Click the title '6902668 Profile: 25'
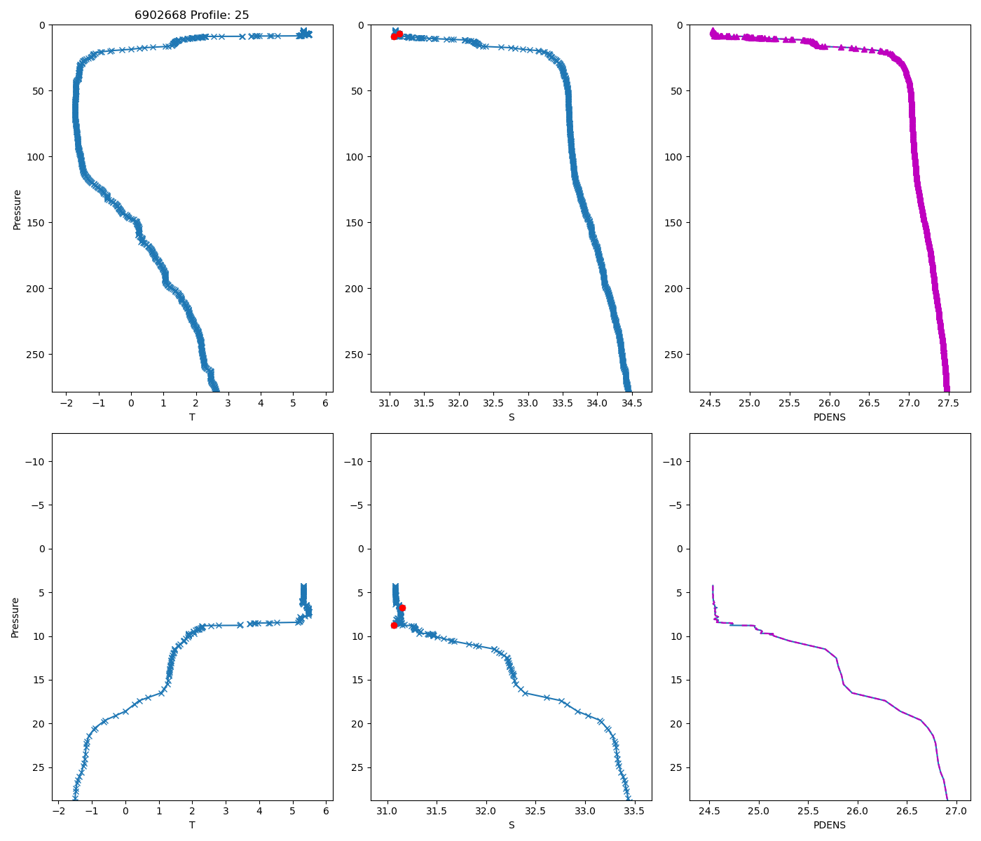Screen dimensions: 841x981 (x=191, y=15)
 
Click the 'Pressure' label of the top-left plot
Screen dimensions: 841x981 (x=17, y=209)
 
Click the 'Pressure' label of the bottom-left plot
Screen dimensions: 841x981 (x=15, y=617)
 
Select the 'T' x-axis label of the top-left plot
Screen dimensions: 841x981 (x=192, y=418)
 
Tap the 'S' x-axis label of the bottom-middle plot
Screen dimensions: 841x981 (x=511, y=826)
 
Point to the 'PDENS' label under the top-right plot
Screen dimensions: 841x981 (x=829, y=418)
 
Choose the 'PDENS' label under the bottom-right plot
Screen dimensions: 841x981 (x=829, y=826)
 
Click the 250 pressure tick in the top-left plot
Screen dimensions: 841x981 (x=37, y=355)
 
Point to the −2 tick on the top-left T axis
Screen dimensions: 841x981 (x=67, y=404)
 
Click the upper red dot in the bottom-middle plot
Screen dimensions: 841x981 (x=402, y=608)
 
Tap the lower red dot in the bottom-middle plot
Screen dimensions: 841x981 (x=394, y=624)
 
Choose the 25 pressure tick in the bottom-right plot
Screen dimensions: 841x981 (x=677, y=768)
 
